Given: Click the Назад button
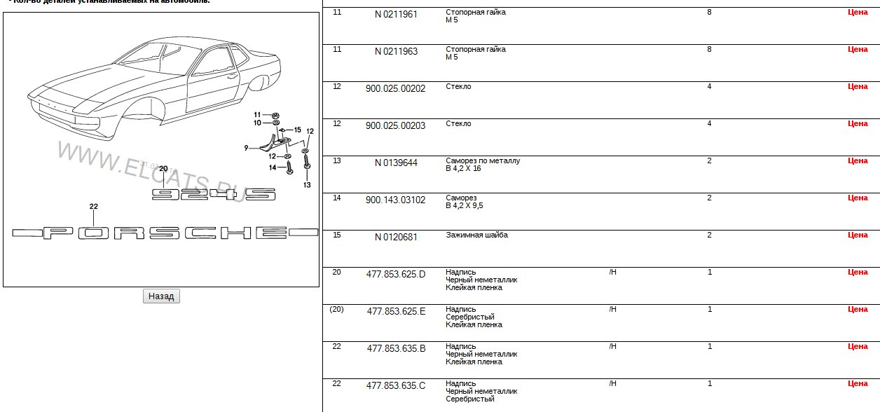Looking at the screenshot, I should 161,296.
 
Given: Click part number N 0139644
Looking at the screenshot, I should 396,163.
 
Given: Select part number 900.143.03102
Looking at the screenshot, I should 396,200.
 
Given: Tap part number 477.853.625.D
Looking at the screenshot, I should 396,274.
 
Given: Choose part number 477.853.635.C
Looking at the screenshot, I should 396,385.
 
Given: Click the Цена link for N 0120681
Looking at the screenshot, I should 858,235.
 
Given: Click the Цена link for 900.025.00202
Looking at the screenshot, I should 858,86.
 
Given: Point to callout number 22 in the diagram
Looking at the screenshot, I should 93,207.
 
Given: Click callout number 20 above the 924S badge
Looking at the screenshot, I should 163,169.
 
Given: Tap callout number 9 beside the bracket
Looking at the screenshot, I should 247,148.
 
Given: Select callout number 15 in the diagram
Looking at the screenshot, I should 297,130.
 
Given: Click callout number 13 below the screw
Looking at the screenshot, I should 306,185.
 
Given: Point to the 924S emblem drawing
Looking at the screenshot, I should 214,194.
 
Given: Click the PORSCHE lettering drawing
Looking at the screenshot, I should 165,233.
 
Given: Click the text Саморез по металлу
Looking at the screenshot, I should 483,160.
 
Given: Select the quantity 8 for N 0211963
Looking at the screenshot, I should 709,49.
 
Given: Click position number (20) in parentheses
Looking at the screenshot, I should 336,309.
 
